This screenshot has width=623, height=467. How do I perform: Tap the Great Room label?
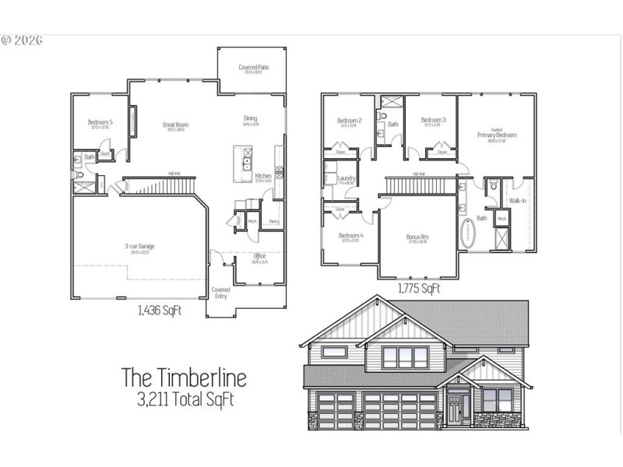pyautogui.click(x=175, y=125)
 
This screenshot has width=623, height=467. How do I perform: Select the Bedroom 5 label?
pyautogui.click(x=100, y=122)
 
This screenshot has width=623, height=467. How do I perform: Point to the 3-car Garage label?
pyautogui.click(x=139, y=246)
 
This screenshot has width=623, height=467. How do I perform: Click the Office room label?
pyautogui.click(x=260, y=255)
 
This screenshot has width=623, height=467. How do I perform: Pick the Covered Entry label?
pyautogui.click(x=220, y=293)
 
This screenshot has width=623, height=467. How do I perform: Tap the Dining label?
pyautogui.click(x=250, y=118)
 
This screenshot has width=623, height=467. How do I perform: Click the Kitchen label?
pyautogui.click(x=263, y=177)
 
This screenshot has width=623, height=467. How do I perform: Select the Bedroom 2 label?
pyautogui.click(x=349, y=121)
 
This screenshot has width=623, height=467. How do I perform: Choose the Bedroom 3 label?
pyautogui.click(x=433, y=121)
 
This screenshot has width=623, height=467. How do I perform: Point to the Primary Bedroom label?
pyautogui.click(x=497, y=135)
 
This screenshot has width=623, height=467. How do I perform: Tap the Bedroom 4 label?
pyautogui.click(x=350, y=236)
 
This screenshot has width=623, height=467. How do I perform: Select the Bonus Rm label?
pyautogui.click(x=417, y=237)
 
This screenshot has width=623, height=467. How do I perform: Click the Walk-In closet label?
pyautogui.click(x=518, y=201)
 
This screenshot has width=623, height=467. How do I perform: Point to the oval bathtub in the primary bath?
pyautogui.click(x=467, y=234)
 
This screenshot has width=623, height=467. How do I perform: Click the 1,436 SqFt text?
pyautogui.click(x=160, y=311)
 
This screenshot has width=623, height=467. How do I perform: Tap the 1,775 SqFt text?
pyautogui.click(x=419, y=289)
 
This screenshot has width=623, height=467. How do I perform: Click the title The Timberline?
pyautogui.click(x=184, y=378)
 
